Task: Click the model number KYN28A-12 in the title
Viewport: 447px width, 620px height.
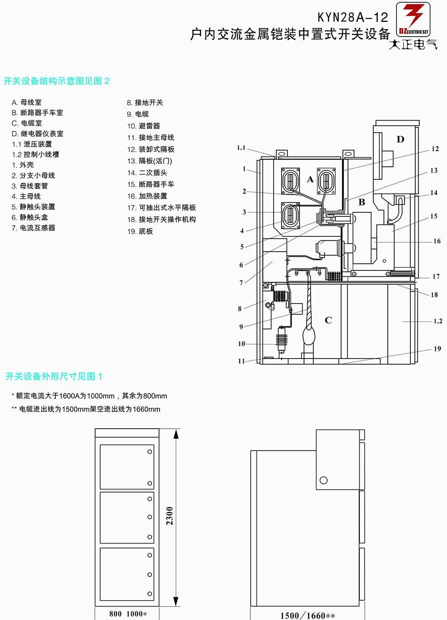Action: (x=353, y=17)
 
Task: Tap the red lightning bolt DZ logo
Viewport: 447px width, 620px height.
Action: (x=413, y=19)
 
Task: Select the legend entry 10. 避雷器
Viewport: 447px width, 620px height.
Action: (x=143, y=126)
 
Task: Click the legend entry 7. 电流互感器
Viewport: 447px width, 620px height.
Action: (x=33, y=228)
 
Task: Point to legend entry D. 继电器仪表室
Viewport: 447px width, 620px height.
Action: (x=38, y=134)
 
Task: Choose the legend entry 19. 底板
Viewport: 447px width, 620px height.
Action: (x=140, y=231)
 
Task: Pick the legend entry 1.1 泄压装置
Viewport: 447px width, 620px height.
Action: (x=32, y=144)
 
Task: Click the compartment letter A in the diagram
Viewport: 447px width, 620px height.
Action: (x=310, y=179)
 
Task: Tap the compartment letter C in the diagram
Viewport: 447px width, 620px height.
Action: (x=328, y=320)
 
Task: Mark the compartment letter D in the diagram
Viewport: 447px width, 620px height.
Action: (x=400, y=139)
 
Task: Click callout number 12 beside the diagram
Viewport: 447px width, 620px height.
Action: (x=435, y=149)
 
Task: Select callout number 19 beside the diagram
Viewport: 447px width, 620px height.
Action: (x=437, y=349)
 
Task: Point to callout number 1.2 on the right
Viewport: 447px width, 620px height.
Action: (x=438, y=321)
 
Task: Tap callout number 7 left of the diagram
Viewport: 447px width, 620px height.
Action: (x=241, y=283)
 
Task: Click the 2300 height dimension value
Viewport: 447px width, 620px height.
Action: (x=169, y=516)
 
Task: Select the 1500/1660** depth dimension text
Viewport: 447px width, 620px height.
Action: (x=308, y=616)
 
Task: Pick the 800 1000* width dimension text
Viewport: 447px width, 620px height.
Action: (x=128, y=614)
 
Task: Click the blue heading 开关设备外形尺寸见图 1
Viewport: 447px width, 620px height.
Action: (x=54, y=376)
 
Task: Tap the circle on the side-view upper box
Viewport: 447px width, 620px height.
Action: (x=324, y=480)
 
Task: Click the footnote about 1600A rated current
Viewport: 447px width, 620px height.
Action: (x=89, y=396)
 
